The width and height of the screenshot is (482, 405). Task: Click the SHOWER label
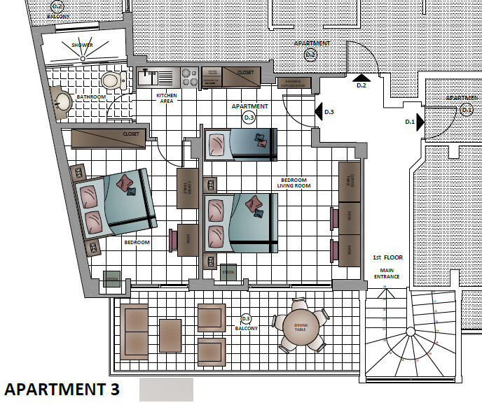[81, 45]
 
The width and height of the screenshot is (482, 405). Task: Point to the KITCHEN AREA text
[166, 98]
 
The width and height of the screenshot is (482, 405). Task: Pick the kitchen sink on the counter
[151, 76]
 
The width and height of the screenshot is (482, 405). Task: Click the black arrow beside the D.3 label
[319, 111]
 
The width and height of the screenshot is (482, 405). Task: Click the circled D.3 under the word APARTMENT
[249, 118]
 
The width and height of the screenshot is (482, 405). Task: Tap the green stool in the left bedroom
[112, 278]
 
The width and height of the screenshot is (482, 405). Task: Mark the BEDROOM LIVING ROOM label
[295, 183]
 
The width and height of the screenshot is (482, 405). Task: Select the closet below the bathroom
[108, 138]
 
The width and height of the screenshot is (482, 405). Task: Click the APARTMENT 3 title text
[62, 388]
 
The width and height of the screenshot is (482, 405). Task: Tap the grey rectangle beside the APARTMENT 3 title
[166, 389]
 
